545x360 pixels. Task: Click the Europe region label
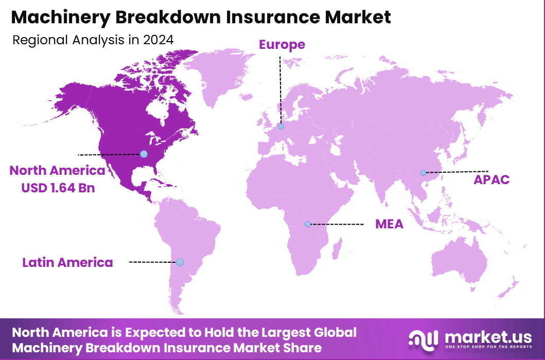coord(282,45)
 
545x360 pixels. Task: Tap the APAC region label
coord(491,179)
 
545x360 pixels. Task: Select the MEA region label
coord(389,224)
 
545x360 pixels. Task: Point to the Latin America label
coord(67,262)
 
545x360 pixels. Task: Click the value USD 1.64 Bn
coord(58,188)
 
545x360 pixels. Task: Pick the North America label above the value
coord(57,171)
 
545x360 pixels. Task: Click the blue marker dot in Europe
coord(280,127)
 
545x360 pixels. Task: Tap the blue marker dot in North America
coord(144,154)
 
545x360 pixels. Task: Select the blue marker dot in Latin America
coord(180,262)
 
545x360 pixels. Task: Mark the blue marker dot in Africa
coord(308,224)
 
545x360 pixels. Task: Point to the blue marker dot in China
coord(423,173)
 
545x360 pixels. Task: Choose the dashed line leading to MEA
coord(337,224)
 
